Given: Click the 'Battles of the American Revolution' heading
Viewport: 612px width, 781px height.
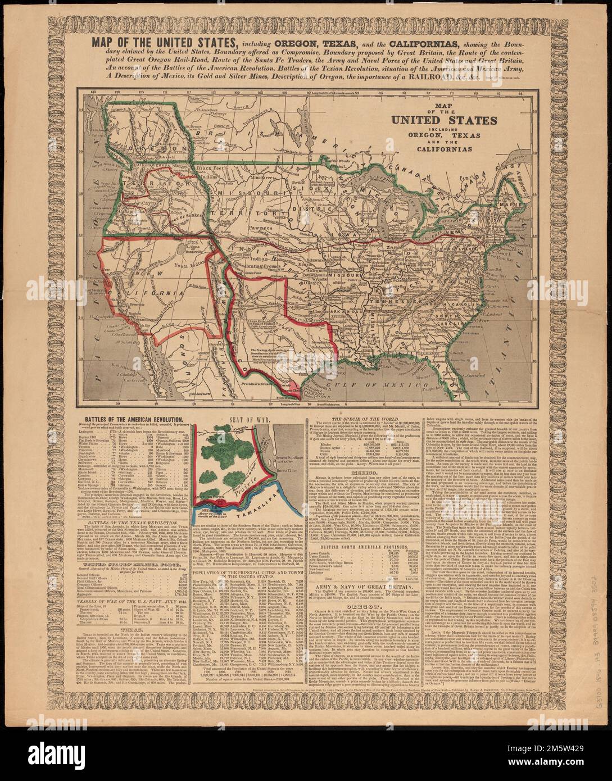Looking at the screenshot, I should click(137, 419).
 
